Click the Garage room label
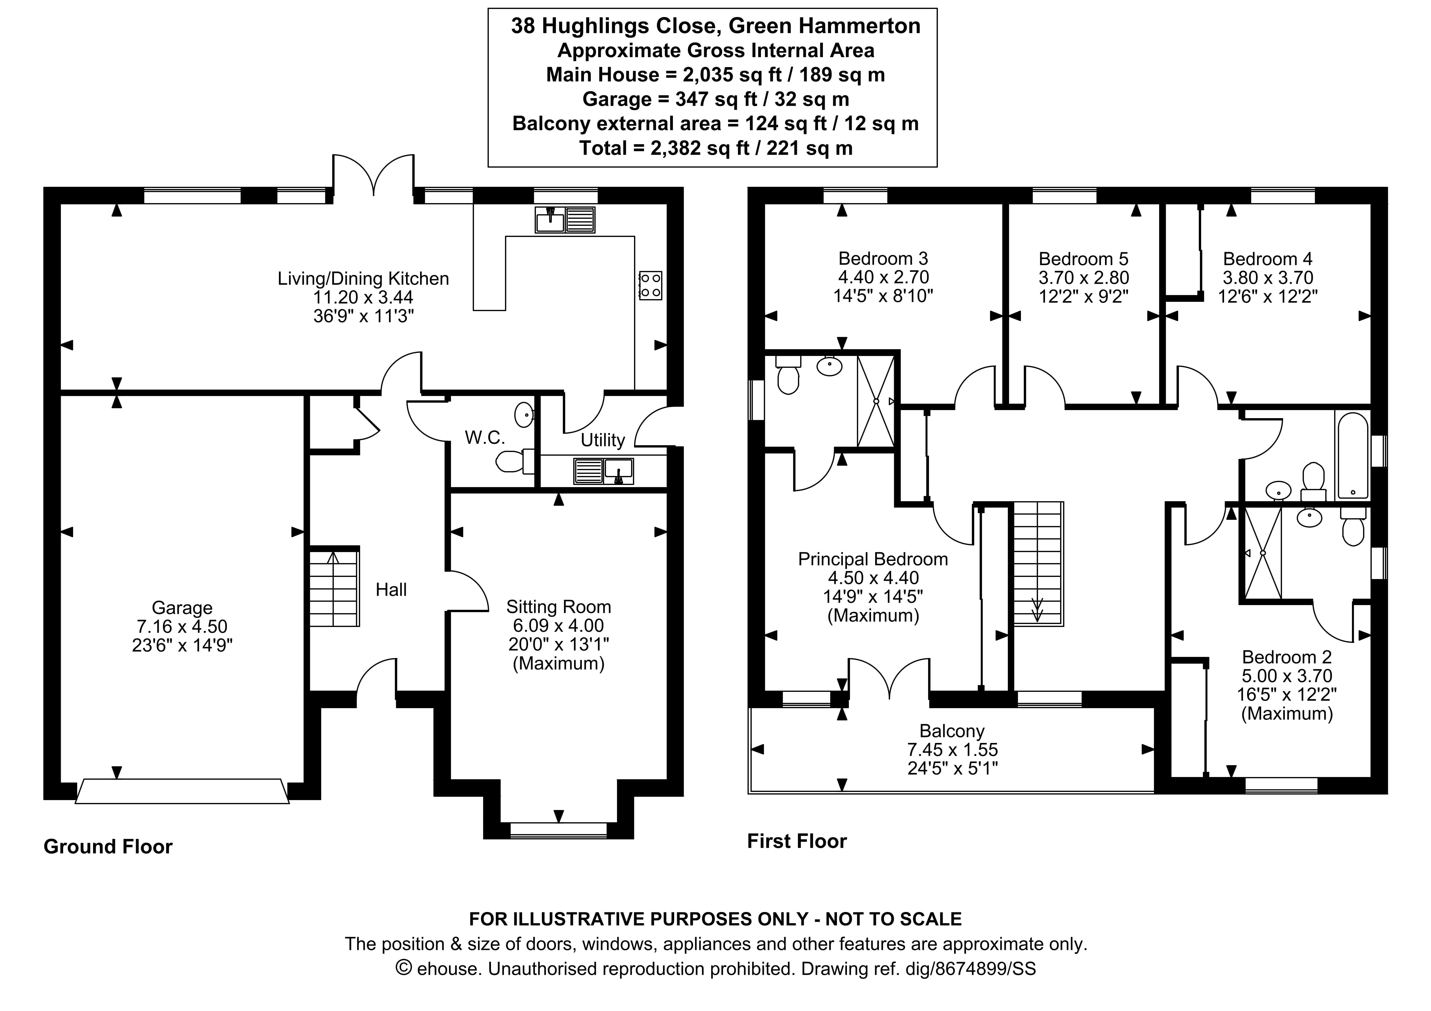click(182, 608)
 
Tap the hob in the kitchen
click(650, 285)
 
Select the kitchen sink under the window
click(565, 220)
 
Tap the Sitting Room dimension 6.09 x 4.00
click(558, 626)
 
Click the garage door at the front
click(182, 791)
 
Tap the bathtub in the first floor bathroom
click(1352, 455)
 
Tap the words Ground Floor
click(108, 846)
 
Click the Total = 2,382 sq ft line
click(716, 148)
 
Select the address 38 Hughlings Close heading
click(716, 26)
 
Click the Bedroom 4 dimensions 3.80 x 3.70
click(1268, 277)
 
